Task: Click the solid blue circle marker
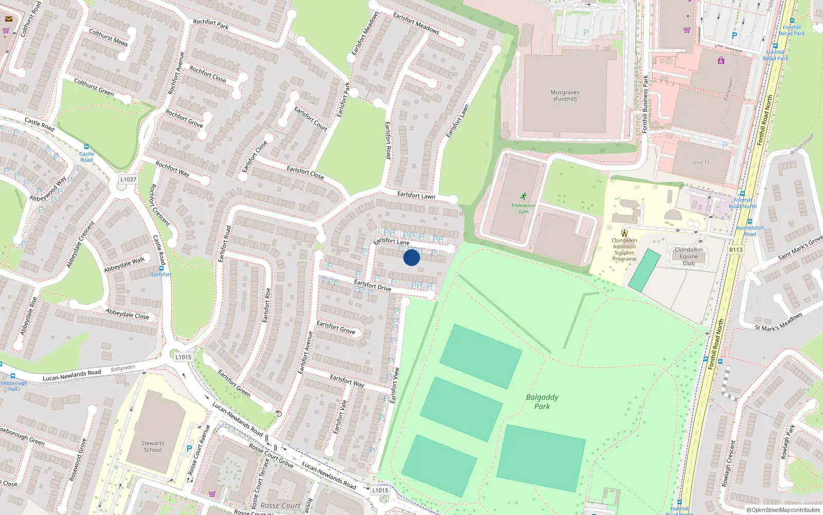[411, 257]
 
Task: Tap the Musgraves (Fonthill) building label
[565, 96]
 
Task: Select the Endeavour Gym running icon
[523, 196]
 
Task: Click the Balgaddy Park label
[542, 402]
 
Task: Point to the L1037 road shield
[128, 180]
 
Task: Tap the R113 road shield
[736, 250]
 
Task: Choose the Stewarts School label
[153, 447]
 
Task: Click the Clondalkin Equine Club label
[688, 256]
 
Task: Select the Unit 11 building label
[701, 162]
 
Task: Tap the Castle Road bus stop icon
[86, 147]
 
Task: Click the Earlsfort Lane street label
[391, 241]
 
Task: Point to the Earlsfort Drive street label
[372, 285]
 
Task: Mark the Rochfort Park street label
[210, 24]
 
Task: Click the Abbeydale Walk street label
[124, 265]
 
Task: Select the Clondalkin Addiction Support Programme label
[624, 250]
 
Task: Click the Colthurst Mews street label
[108, 37]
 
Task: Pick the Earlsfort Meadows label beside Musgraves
[416, 23]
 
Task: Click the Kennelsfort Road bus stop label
[749, 230]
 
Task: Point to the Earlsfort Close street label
[305, 172]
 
